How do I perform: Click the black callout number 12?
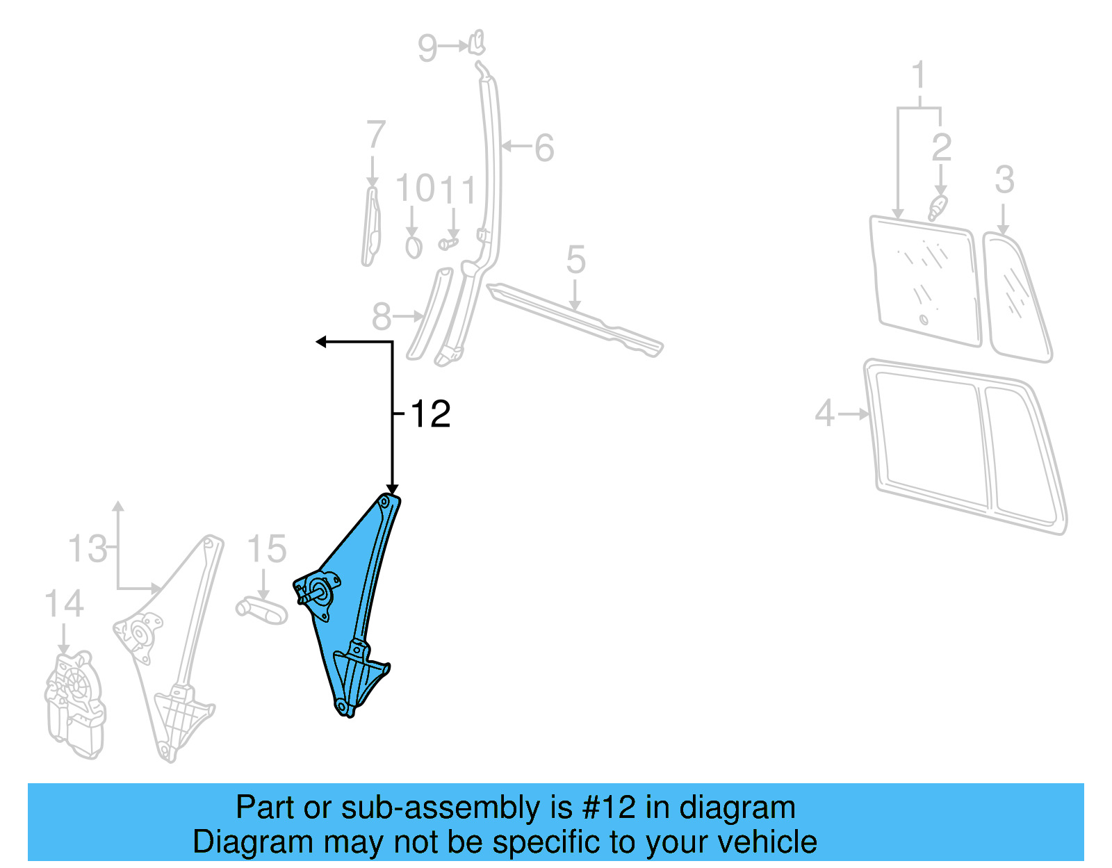pyautogui.click(x=430, y=414)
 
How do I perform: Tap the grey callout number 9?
pyautogui.click(x=427, y=48)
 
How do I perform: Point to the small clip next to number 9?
pyautogui.click(x=477, y=42)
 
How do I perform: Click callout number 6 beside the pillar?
pyautogui.click(x=544, y=148)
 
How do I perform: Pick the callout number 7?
pyautogui.click(x=375, y=134)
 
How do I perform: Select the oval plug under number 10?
pyautogui.click(x=414, y=247)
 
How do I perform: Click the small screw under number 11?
pyautogui.click(x=449, y=243)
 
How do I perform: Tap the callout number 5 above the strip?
pyautogui.click(x=575, y=260)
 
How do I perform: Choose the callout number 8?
pyautogui.click(x=382, y=317)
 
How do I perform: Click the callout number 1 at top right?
pyautogui.click(x=919, y=75)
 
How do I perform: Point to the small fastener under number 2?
pyautogui.click(x=938, y=207)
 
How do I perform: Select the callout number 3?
pyautogui.click(x=1004, y=180)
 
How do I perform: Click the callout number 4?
pyautogui.click(x=824, y=413)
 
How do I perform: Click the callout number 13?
pyautogui.click(x=88, y=549)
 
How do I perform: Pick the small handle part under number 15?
pyautogui.click(x=262, y=610)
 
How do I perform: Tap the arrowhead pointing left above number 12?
pyautogui.click(x=321, y=341)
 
